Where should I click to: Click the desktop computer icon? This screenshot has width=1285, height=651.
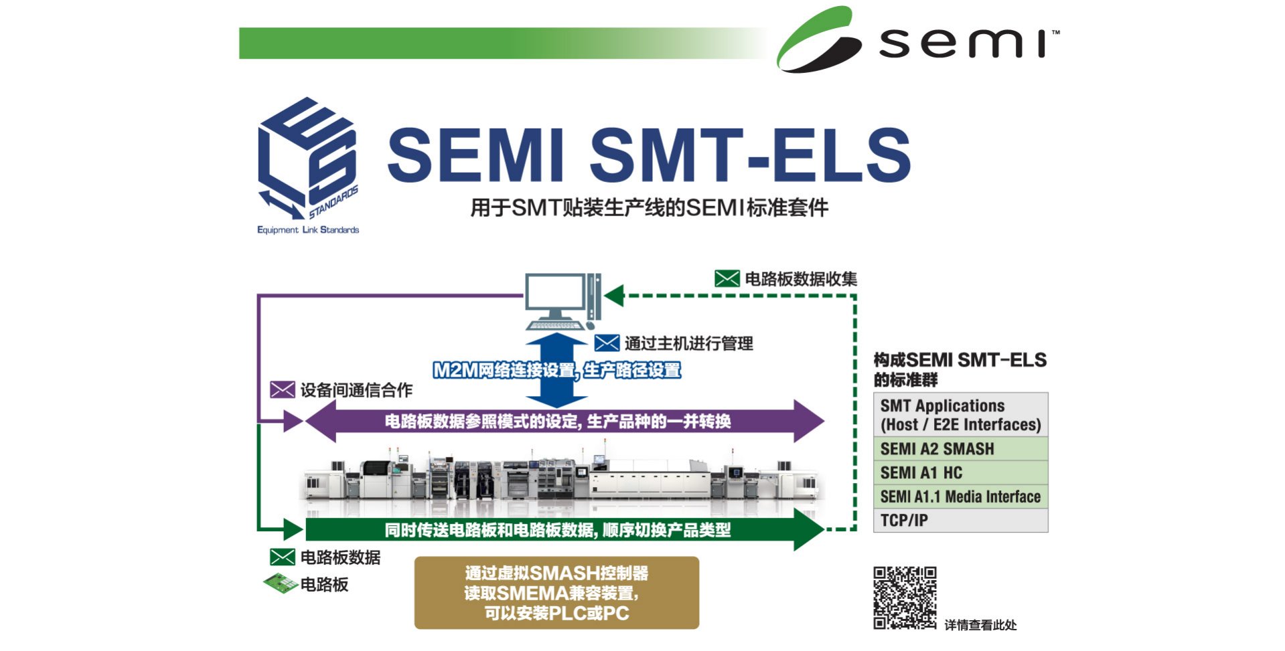click(562, 301)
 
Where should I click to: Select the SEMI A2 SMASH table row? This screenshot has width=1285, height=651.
click(960, 449)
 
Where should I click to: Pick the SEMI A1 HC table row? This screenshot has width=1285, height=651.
click(960, 473)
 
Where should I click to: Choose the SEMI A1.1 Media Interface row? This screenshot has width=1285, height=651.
click(960, 496)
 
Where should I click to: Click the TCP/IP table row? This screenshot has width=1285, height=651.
click(960, 521)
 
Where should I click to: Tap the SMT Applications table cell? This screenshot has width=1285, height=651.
click(960, 415)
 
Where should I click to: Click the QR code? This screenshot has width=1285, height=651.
click(904, 597)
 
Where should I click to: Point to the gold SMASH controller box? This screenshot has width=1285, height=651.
click(556, 593)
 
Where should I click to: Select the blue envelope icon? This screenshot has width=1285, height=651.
click(607, 343)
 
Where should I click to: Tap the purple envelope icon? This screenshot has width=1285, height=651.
click(282, 389)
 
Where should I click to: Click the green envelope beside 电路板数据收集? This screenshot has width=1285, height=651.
click(727, 278)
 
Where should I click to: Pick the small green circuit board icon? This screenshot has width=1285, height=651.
click(281, 584)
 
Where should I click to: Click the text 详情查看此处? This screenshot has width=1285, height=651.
click(980, 625)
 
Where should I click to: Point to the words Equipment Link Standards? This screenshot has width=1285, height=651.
click(308, 230)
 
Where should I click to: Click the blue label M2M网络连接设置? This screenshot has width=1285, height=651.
click(504, 370)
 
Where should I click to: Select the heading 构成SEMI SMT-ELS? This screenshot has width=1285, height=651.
click(960, 361)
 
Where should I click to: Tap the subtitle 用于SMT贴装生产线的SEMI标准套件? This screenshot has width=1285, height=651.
click(649, 208)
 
